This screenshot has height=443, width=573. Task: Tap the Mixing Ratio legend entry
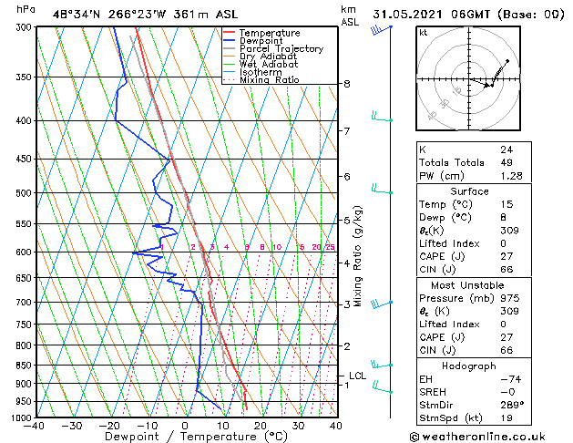(269, 80)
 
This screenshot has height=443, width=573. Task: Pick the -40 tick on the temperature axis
(36, 426)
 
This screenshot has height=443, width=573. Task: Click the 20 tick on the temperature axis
(261, 426)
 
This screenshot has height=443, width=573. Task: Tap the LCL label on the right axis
(358, 376)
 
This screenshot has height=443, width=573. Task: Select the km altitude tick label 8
(347, 84)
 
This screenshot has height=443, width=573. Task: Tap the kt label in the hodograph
(423, 33)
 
